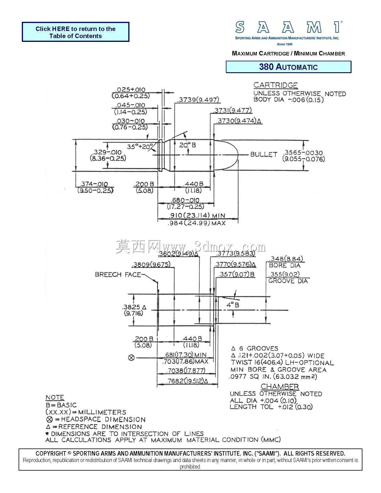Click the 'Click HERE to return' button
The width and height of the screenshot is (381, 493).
click(x=75, y=32)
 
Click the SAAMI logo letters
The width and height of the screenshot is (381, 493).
click(x=289, y=27)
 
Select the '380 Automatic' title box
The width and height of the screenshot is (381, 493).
click(x=288, y=67)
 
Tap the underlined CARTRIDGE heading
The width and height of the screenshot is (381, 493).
click(x=276, y=85)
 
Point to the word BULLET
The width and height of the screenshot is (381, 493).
click(x=264, y=154)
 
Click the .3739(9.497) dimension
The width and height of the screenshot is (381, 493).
click(x=198, y=100)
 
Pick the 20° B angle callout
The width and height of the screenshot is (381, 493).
click(x=188, y=145)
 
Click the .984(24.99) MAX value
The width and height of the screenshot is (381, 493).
click(x=196, y=223)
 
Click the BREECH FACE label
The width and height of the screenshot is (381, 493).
click(x=118, y=275)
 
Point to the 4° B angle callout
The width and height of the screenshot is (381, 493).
click(x=233, y=305)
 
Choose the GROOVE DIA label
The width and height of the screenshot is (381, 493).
click(x=288, y=281)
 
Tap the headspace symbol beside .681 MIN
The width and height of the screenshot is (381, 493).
click(x=132, y=358)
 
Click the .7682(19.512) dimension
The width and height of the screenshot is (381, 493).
click(x=187, y=381)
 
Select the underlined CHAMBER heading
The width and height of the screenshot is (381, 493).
click(x=280, y=387)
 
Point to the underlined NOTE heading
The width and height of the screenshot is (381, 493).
click(x=55, y=397)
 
